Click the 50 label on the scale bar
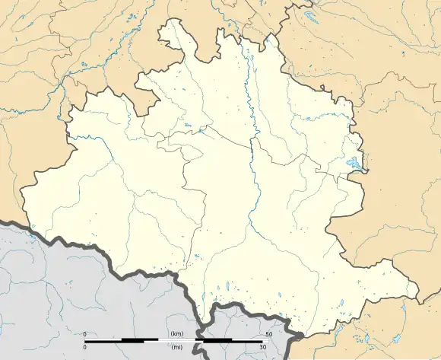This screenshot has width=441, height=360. (268, 334)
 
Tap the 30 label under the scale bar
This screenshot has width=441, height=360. (262, 347)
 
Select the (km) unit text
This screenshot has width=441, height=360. (178, 334)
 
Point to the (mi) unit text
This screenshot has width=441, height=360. (178, 347)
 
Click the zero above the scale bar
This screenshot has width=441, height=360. (85, 334)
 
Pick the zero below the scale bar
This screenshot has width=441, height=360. (85, 347)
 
